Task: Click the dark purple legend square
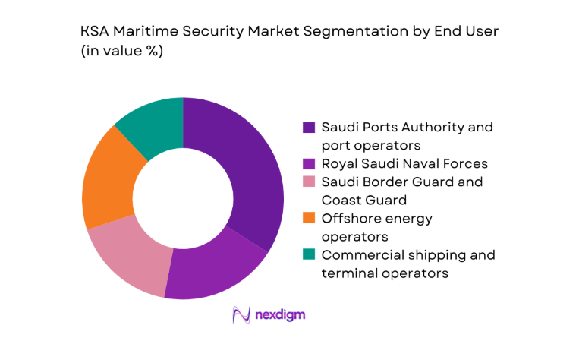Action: pos(309,127)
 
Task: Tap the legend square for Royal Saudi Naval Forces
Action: pos(309,163)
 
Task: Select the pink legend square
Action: pos(309,182)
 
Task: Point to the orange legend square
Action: pos(309,219)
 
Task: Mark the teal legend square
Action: pos(309,255)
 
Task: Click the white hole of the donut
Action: pos(183,198)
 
